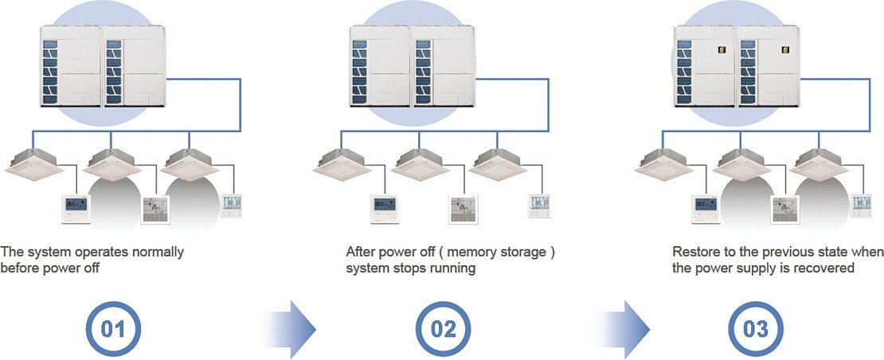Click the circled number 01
coord(113,328)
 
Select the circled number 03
coord(757,328)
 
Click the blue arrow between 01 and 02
coord(290,328)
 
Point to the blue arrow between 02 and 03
coord(625,328)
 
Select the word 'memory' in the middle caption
coord(447,252)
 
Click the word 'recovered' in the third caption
coord(827,268)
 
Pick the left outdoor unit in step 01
coord(71,66)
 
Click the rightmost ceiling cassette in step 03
coord(821,165)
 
